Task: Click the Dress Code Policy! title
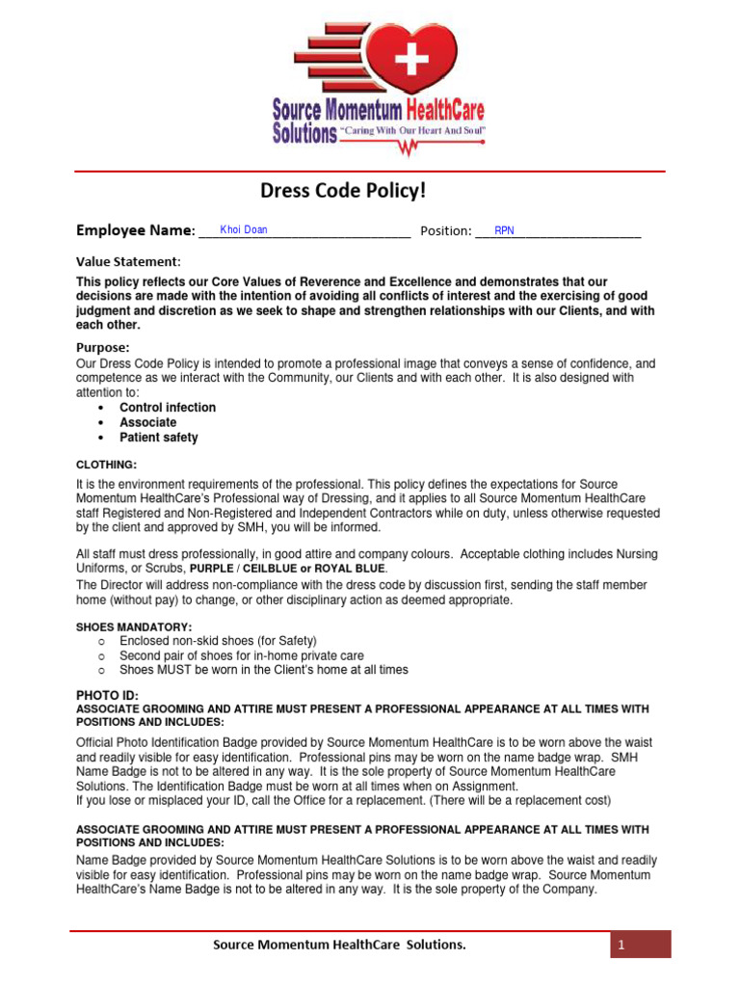click(x=343, y=191)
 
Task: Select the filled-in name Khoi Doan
click(x=244, y=230)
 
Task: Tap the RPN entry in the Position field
click(x=504, y=231)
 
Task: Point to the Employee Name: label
click(x=135, y=230)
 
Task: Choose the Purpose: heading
click(x=102, y=347)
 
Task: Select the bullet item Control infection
click(x=168, y=408)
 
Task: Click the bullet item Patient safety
click(x=159, y=438)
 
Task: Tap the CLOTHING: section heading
click(x=106, y=465)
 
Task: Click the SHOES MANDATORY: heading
click(x=134, y=627)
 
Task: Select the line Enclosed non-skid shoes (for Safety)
click(x=218, y=641)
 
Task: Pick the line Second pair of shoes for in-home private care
click(x=242, y=655)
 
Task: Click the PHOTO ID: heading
click(x=107, y=695)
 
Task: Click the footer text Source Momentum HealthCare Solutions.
click(x=339, y=946)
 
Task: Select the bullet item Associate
click(x=148, y=422)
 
